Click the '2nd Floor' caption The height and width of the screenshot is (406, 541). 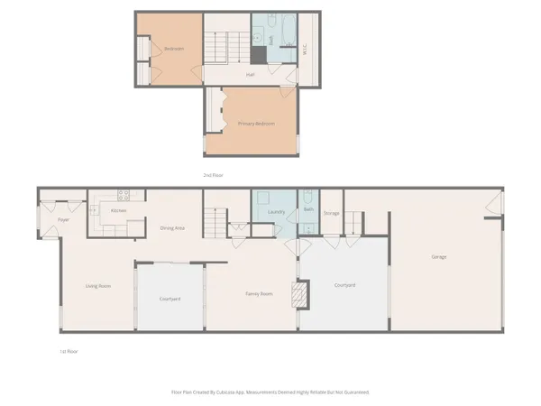pyautogui.click(x=213, y=174)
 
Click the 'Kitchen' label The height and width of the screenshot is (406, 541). pyautogui.click(x=118, y=210)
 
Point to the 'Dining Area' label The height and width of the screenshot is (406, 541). pyautogui.click(x=172, y=228)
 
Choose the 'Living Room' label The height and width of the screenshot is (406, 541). pyautogui.click(x=97, y=286)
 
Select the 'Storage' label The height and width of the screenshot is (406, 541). pyautogui.click(x=332, y=213)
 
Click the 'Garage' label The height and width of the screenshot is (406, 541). pyautogui.click(x=439, y=257)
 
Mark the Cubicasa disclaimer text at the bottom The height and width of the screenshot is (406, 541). pyautogui.click(x=270, y=392)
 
